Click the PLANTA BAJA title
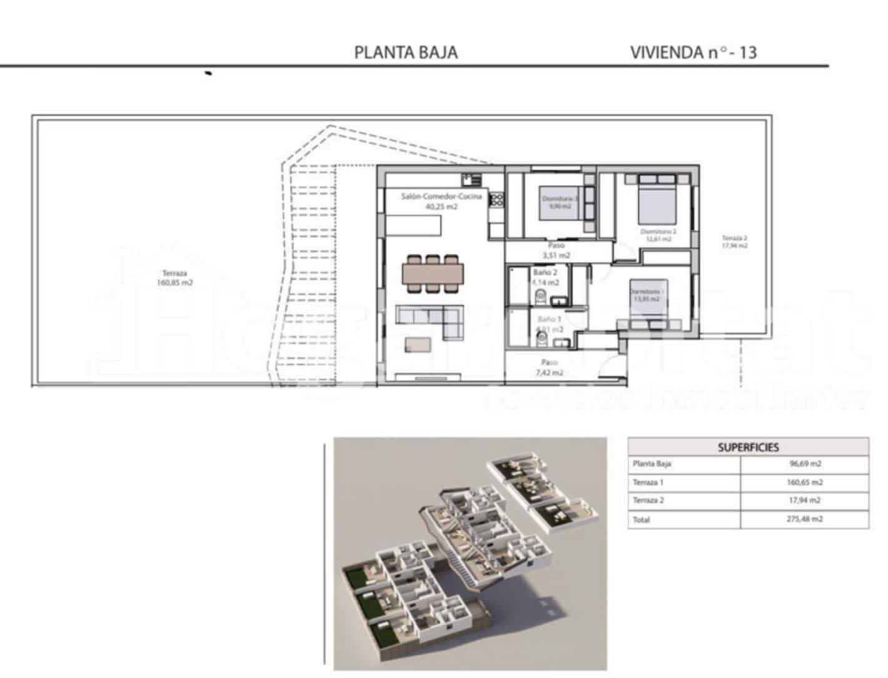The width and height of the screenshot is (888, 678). (406, 52)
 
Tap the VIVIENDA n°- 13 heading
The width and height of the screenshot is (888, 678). (693, 52)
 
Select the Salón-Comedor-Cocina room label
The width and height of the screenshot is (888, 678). (442, 201)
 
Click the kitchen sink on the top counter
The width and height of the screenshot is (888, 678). (471, 180)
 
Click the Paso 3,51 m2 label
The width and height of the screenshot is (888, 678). (556, 251)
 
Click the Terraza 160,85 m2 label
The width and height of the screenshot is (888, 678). (174, 278)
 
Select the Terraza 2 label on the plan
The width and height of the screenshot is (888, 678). (734, 242)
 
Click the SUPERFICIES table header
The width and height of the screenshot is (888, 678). (748, 447)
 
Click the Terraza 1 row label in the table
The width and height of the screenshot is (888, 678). (648, 482)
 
